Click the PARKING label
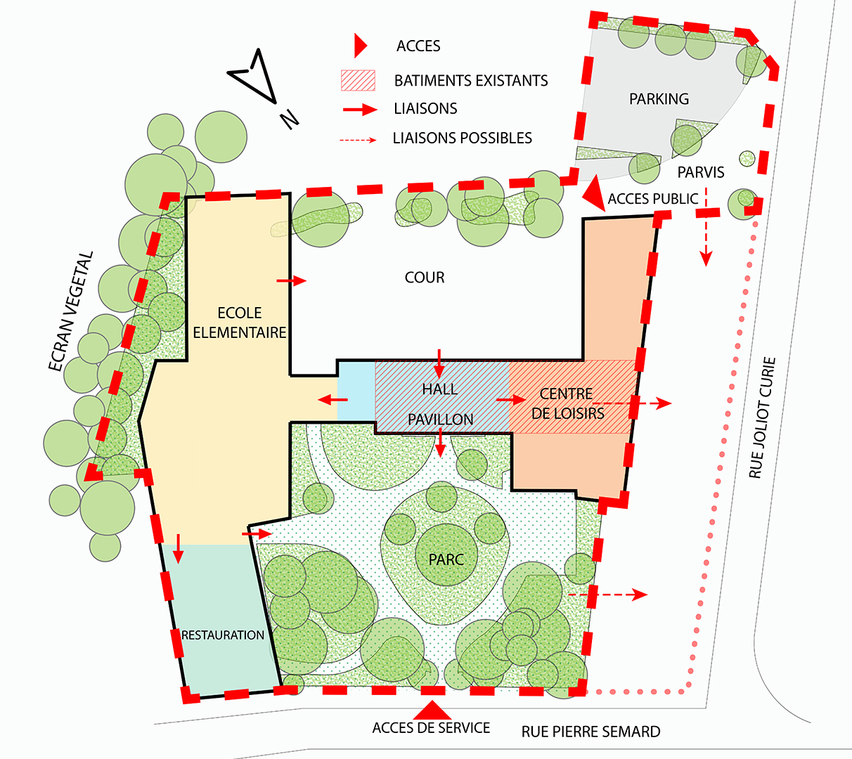[x=659, y=99]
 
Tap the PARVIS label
[x=701, y=172]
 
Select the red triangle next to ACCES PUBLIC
[x=595, y=193]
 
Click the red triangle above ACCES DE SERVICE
[x=432, y=710]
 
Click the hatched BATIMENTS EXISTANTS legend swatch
[x=358, y=80]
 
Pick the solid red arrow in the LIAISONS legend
[x=360, y=110]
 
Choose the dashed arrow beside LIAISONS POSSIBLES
[x=358, y=140]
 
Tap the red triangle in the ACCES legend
[x=361, y=46]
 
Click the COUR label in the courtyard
[x=425, y=278]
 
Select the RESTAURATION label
[x=222, y=635]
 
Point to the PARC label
[x=446, y=559]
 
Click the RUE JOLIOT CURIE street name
[x=762, y=417]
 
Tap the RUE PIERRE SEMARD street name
[x=591, y=732]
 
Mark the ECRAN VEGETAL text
[x=70, y=311]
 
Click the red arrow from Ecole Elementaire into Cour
[x=292, y=280]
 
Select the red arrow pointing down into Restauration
[x=179, y=549]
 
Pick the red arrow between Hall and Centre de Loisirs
[x=511, y=399]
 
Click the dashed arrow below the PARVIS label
[x=706, y=228]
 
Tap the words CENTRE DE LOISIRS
[x=567, y=403]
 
